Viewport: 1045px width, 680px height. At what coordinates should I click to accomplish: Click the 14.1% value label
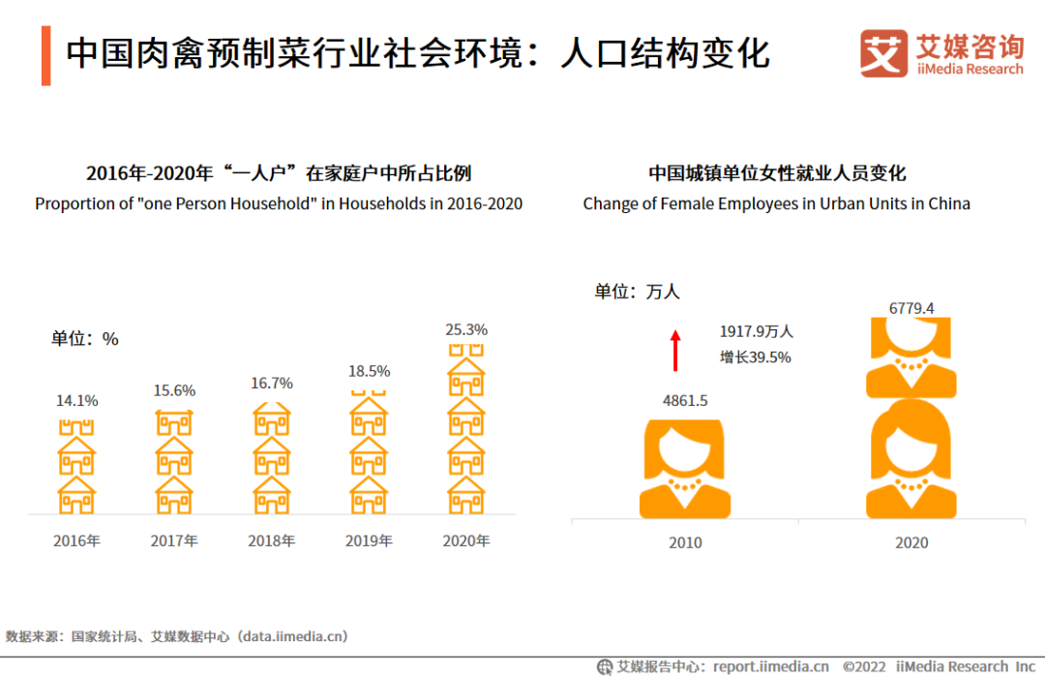(76, 400)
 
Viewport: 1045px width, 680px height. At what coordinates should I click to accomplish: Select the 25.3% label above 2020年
(466, 329)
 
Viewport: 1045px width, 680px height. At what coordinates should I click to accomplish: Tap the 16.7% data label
(271, 383)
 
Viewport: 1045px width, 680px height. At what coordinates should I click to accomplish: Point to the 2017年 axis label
(174, 541)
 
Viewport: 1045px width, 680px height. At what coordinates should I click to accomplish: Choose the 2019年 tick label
(369, 541)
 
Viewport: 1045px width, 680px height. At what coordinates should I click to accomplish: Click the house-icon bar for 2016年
(76, 467)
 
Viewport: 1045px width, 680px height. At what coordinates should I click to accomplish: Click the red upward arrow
(676, 351)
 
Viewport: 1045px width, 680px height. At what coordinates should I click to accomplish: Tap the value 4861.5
(685, 400)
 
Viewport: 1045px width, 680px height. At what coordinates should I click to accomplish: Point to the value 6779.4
(911, 308)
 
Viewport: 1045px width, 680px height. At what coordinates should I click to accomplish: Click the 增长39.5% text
(755, 356)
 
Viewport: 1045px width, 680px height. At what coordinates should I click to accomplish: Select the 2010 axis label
(685, 542)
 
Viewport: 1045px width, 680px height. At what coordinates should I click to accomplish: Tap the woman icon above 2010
(685, 469)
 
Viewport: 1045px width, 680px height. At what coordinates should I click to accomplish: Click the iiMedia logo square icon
(882, 53)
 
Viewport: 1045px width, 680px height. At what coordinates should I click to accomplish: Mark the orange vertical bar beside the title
(45, 55)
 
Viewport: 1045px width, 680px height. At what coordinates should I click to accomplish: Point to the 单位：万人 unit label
(638, 291)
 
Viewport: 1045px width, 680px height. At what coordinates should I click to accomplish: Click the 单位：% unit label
(85, 339)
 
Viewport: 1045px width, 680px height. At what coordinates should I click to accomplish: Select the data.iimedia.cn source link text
(294, 636)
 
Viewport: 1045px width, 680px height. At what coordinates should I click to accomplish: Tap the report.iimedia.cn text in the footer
(771, 666)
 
